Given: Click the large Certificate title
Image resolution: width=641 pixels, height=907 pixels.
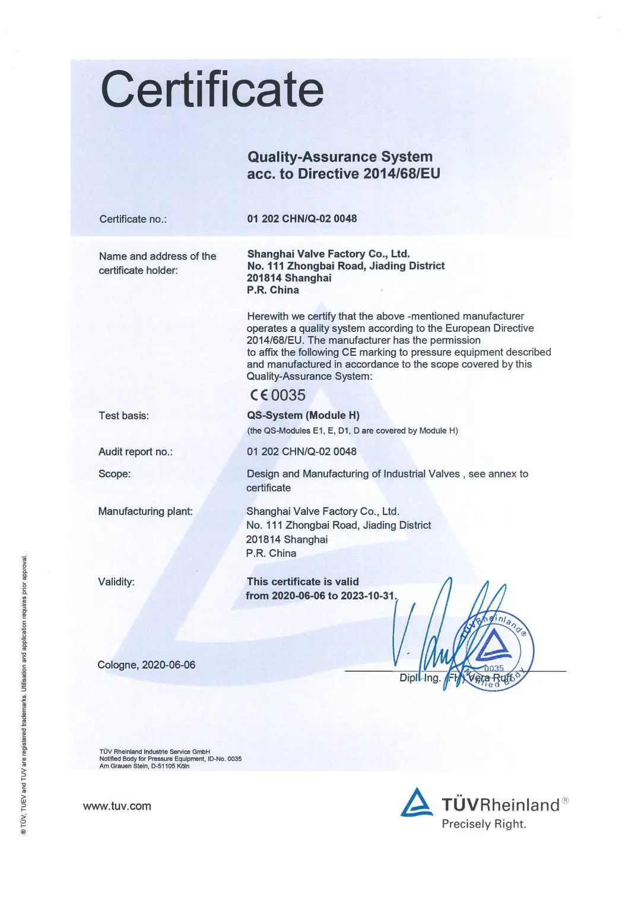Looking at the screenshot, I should pos(212,89).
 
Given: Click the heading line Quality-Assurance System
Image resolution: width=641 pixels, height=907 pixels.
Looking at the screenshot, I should pos(339,157).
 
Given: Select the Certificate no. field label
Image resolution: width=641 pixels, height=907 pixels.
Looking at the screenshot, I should pos(133,219).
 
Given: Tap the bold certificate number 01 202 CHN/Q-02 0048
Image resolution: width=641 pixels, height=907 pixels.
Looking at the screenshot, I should pos(302,219).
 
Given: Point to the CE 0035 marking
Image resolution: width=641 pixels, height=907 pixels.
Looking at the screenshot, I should pos(278,395).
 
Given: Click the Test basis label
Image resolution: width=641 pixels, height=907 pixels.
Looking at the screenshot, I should pos(123,416).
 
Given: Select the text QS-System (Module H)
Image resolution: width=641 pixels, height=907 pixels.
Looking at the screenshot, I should pos(303,415).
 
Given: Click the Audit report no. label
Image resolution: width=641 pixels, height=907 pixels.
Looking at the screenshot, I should pos(135,451).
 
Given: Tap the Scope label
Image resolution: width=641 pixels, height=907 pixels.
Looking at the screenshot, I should pos(114,474).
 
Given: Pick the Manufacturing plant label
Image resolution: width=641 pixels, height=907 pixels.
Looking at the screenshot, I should pos(145,511).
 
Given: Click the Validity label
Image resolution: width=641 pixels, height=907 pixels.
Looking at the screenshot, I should pos(116,582).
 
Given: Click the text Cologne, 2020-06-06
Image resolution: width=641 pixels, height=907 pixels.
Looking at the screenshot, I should pos(146,665).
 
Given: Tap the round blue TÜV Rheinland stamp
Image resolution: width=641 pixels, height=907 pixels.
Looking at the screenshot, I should pos(493,649).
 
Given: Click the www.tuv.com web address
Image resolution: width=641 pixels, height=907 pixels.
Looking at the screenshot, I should pos(117,806).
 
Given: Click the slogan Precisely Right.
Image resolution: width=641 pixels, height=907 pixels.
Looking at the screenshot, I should pos(484,824).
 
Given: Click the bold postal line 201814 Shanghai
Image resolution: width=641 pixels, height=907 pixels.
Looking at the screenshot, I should pos(289,278).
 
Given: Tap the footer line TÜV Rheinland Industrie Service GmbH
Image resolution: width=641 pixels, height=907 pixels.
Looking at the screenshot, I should pos(154,751).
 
